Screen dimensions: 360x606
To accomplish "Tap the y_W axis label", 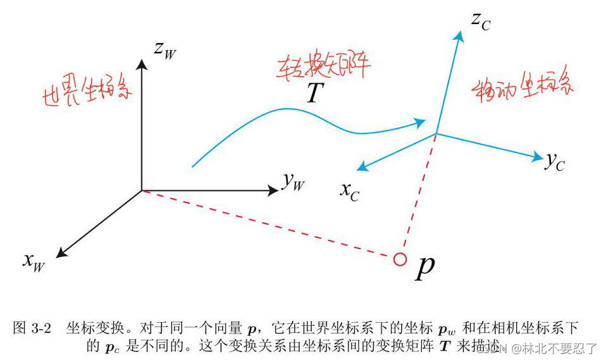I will (x=294, y=182).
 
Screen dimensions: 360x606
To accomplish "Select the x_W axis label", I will (x=34, y=260).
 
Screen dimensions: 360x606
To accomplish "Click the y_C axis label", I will (x=555, y=162).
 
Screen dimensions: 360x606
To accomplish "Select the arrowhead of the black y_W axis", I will (x=274, y=190).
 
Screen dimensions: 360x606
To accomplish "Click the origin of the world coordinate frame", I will (x=142, y=190).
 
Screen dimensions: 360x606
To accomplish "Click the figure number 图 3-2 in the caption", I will (x=32, y=328).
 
